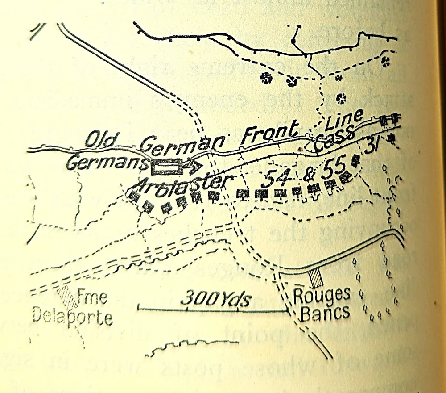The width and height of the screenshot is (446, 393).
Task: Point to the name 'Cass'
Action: [x=334, y=136]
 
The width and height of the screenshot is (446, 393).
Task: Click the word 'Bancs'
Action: [x=324, y=313]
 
